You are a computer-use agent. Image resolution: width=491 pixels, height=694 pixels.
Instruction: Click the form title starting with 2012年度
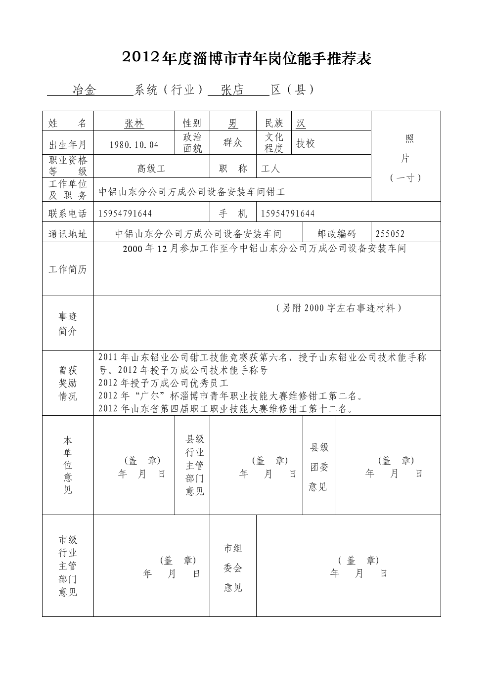pyautogui.click(x=246, y=59)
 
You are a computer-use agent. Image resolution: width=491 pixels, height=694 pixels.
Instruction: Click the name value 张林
pyautogui.click(x=134, y=124)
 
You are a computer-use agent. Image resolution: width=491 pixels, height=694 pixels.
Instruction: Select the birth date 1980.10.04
pyautogui.click(x=134, y=144)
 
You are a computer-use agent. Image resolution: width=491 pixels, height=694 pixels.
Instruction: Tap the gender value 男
pyautogui.click(x=233, y=124)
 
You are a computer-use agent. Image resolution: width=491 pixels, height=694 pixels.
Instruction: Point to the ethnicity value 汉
pyautogui.click(x=301, y=124)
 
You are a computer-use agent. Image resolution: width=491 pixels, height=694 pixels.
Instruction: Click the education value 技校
pyautogui.click(x=306, y=143)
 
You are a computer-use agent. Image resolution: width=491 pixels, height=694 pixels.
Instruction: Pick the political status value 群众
pyautogui.click(x=233, y=143)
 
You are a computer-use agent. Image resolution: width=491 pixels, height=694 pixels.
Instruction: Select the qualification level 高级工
pyautogui.click(x=151, y=169)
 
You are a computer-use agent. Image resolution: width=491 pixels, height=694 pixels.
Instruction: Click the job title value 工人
pyautogui.click(x=270, y=169)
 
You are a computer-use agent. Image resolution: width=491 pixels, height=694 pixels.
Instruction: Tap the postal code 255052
pyautogui.click(x=390, y=234)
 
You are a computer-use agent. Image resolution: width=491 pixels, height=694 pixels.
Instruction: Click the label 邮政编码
pyautogui.click(x=336, y=234)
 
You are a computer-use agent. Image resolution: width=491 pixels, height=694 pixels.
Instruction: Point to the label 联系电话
pyautogui.click(x=68, y=214)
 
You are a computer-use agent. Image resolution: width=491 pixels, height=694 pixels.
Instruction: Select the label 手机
pyautogui.click(x=233, y=214)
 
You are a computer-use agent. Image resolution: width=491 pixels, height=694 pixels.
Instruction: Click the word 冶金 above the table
pyautogui.click(x=84, y=90)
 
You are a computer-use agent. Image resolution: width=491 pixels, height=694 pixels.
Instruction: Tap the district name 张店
pyautogui.click(x=232, y=90)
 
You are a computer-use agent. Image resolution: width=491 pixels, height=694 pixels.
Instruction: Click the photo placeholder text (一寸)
pyautogui.click(x=405, y=178)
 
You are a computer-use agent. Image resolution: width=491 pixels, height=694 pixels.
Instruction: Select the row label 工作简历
pyautogui.click(x=68, y=269)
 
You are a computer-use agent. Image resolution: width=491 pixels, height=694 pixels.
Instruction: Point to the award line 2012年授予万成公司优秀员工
pyautogui.click(x=163, y=383)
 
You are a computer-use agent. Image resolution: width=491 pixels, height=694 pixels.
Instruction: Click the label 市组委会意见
pyautogui.click(x=233, y=568)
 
